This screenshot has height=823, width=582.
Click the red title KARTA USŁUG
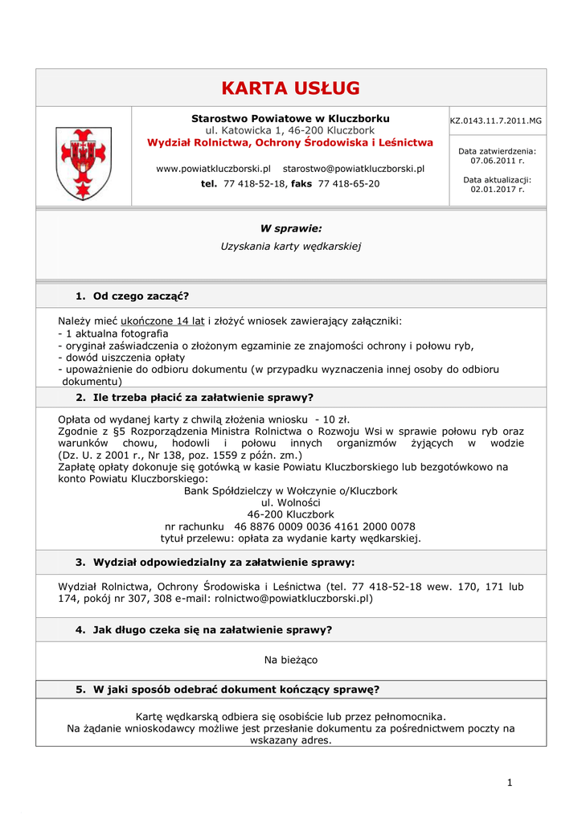pos(290,88)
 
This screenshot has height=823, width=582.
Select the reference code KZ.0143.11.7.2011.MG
pos(496,121)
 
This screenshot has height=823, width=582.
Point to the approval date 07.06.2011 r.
pos(497,161)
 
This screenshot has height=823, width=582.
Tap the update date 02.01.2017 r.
pos(497,190)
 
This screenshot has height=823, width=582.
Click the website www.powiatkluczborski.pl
pos(213,169)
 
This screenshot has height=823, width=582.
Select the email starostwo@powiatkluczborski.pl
pos(354,169)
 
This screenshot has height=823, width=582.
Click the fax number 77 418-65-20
pos(349,184)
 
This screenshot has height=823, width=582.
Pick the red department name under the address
pos(290,142)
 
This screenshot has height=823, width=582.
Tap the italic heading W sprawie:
pos(290,228)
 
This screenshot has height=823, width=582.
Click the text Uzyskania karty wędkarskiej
pos(290,246)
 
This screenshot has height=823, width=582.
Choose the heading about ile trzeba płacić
pos(194,397)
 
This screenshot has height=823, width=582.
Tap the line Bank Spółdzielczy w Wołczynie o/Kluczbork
pos(290,490)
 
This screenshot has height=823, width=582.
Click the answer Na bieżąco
pos(290,660)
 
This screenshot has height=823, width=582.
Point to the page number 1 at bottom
pos(510,783)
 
